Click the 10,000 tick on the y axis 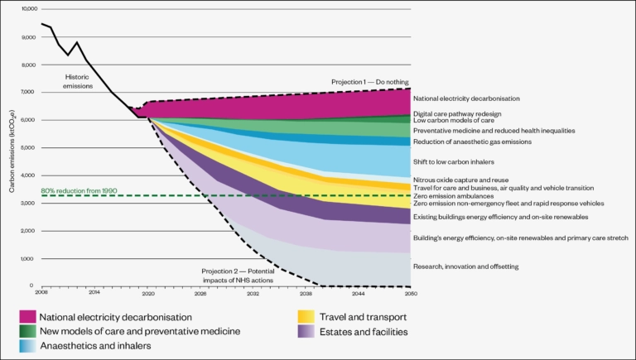(x=27, y=9)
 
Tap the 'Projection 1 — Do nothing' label (x=365, y=82)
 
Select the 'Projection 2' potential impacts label (x=239, y=274)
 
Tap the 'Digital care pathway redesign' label (x=456, y=113)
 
